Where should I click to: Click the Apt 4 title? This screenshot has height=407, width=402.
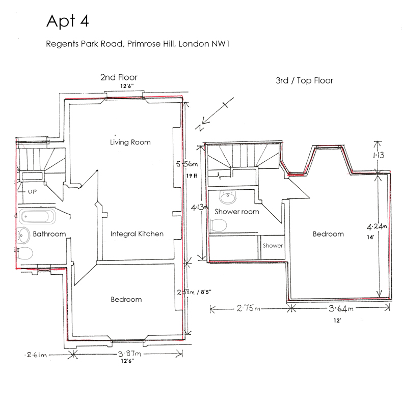point(68,21)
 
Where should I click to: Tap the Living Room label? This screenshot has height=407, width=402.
point(130,142)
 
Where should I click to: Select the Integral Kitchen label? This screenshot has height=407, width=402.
point(137,234)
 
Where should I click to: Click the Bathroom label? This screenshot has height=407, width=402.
point(49,234)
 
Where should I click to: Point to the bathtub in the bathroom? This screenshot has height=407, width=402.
point(37,216)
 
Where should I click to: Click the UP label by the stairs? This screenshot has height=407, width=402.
point(32,192)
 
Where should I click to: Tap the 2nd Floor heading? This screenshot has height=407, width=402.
point(119,77)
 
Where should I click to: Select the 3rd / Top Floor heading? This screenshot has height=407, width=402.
point(305,80)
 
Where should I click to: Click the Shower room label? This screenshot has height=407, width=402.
point(237,212)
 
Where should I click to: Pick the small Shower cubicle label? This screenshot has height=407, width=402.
point(273,246)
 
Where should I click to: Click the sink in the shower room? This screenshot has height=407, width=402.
point(228,197)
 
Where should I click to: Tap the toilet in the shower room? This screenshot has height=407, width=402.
point(219,225)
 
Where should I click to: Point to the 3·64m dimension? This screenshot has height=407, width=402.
point(341,308)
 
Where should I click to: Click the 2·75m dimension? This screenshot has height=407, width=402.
point(248,308)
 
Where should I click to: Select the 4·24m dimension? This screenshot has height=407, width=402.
point(377,226)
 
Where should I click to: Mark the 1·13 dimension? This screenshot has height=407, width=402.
point(379,155)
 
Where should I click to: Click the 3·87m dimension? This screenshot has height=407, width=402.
point(129,354)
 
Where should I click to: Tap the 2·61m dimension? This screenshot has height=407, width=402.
point(36,355)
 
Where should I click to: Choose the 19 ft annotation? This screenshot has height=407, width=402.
point(192,176)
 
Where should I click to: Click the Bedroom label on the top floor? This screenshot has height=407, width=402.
point(328,234)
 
